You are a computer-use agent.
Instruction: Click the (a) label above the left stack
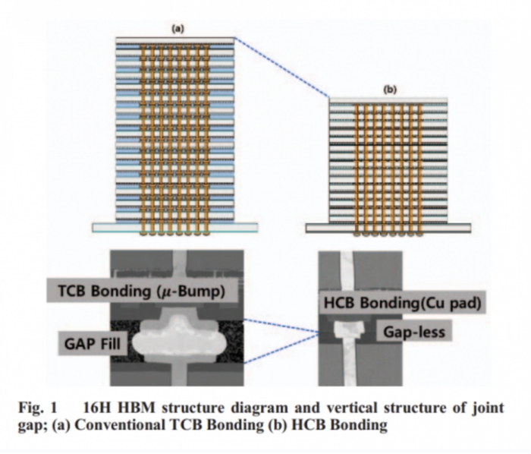(x=178, y=29)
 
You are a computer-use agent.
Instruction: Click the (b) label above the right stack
(x=390, y=90)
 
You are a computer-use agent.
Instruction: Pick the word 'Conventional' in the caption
(x=139, y=424)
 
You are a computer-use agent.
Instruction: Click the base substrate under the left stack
(x=175, y=226)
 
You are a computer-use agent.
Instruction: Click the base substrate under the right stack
(x=388, y=228)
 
